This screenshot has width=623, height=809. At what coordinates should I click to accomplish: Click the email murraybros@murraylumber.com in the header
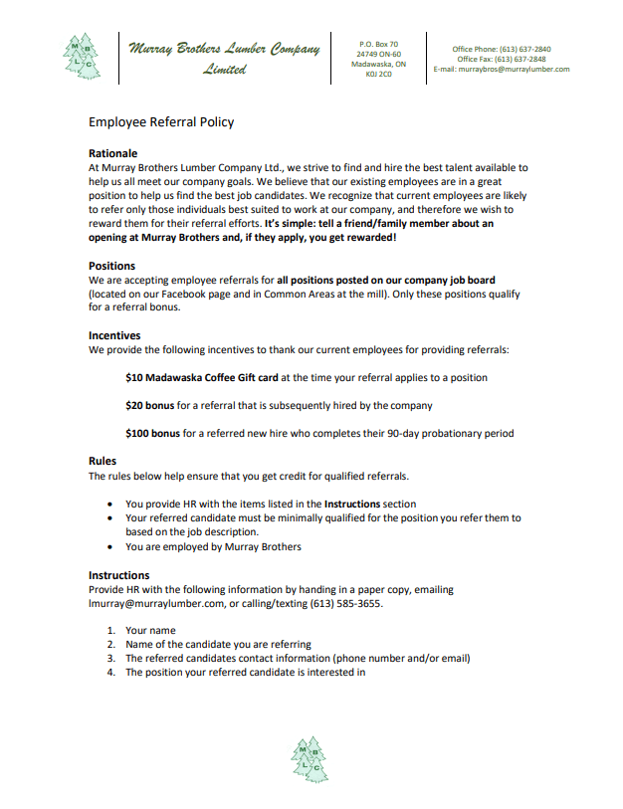click(x=521, y=70)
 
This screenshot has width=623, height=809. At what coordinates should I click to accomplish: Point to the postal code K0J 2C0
click(x=378, y=74)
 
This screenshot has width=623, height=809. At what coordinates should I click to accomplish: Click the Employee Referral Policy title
click(x=161, y=122)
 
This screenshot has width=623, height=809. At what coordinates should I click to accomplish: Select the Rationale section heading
click(x=113, y=154)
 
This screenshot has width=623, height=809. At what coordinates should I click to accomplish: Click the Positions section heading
click(x=112, y=267)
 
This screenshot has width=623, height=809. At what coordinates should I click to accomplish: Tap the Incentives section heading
click(x=114, y=336)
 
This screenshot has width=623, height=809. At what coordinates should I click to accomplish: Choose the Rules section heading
click(x=104, y=462)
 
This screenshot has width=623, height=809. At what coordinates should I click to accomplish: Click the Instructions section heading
click(x=119, y=575)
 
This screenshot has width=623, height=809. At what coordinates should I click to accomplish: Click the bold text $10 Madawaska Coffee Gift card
click(x=201, y=378)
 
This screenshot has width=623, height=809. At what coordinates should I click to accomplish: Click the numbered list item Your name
click(x=150, y=631)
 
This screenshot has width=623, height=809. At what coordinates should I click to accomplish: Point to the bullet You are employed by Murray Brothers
click(x=213, y=546)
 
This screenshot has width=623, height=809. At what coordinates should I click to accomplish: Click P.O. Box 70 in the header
click(x=378, y=44)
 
